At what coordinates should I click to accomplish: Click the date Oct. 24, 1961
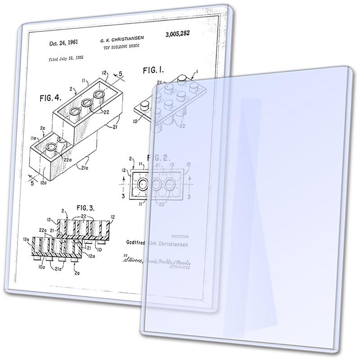(x=63, y=44)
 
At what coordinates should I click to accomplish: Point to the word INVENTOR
(x=180, y=236)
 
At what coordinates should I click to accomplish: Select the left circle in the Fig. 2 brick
(x=144, y=184)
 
